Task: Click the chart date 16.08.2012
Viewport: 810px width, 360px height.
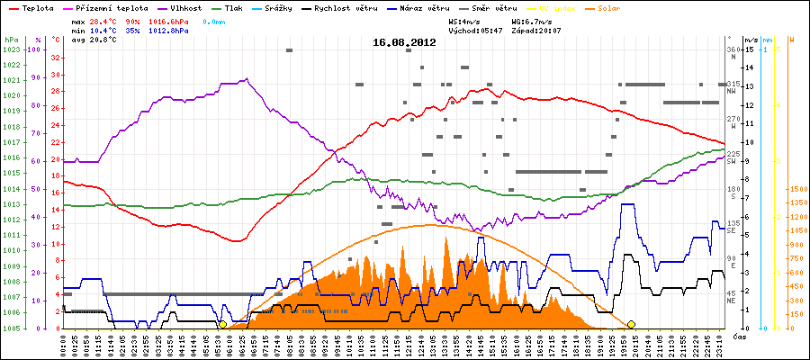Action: click(404, 41)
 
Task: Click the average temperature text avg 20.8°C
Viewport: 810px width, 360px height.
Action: click(90, 40)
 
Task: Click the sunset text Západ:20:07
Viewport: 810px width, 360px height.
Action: click(536, 30)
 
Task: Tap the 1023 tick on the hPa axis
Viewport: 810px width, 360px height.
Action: click(12, 49)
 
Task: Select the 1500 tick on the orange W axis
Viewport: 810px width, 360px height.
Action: click(797, 189)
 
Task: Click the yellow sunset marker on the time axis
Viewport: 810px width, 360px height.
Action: click(632, 324)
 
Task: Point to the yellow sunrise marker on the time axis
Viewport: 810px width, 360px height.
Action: click(222, 324)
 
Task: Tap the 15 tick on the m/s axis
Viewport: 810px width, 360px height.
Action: click(748, 49)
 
